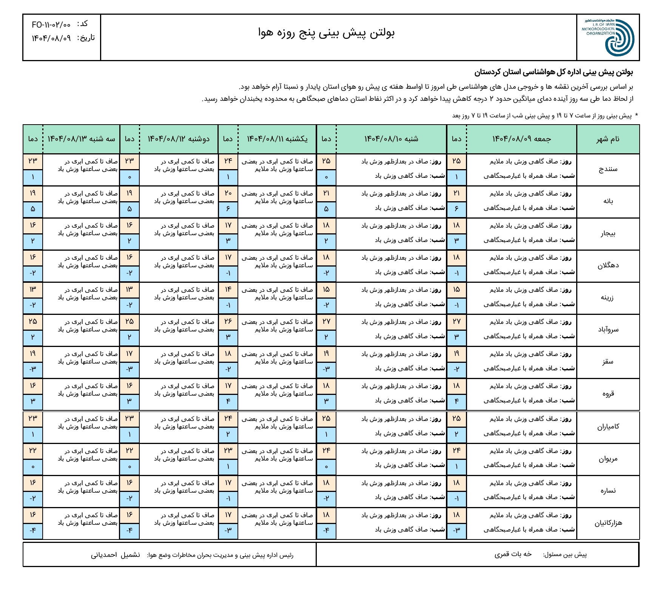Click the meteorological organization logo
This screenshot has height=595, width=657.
[609, 37]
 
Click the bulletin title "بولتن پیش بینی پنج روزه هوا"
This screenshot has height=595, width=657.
[326, 33]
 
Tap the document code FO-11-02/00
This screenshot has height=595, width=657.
[51, 25]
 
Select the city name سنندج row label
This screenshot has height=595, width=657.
[608, 169]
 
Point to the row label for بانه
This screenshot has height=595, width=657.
[608, 201]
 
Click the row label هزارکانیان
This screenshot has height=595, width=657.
[608, 523]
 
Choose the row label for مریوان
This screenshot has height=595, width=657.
[608, 459]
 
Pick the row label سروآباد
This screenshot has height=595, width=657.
[608, 330]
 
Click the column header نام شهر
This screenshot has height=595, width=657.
[608, 139]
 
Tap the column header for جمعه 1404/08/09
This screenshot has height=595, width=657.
[521, 139]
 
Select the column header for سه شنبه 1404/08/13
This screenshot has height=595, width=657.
[81, 139]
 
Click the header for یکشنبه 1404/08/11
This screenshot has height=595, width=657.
[277, 139]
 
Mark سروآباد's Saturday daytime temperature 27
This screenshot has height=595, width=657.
[326, 322]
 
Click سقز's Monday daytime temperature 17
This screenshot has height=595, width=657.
[130, 354]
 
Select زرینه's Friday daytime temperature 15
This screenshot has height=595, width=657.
[457, 290]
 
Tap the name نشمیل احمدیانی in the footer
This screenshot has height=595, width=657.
[115, 555]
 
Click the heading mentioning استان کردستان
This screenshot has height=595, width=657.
[554, 72]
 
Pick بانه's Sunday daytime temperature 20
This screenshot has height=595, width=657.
[228, 193]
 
